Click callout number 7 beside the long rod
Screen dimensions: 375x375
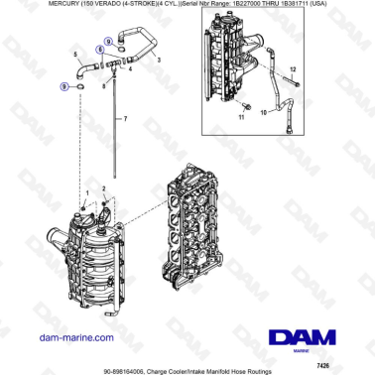126,118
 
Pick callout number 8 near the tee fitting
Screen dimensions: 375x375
106,88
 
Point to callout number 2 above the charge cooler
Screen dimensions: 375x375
103,187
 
